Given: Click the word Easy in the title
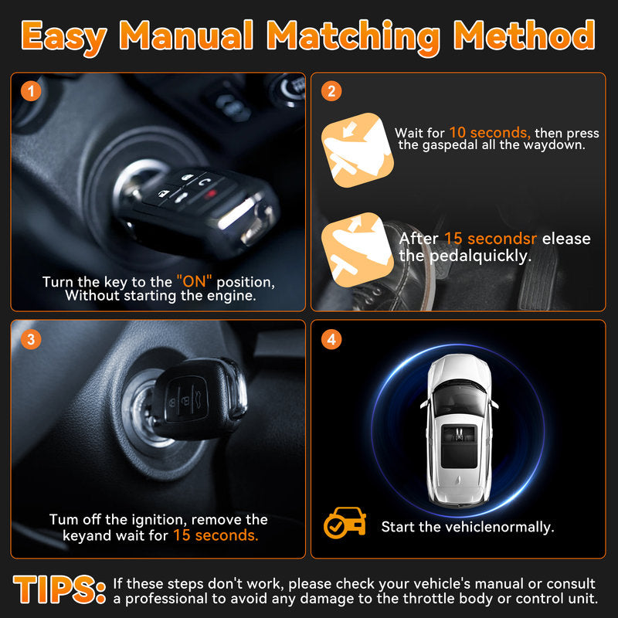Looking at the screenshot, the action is pyautogui.click(x=64, y=37).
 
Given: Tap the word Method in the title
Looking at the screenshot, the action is pyautogui.click(x=524, y=36).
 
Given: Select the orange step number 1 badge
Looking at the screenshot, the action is pyautogui.click(x=31, y=91).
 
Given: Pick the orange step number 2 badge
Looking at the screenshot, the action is pyautogui.click(x=331, y=91).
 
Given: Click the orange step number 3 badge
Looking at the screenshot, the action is pyautogui.click(x=31, y=339).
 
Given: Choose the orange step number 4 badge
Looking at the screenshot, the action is pyautogui.click(x=331, y=339).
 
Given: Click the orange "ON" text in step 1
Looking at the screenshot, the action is pyautogui.click(x=195, y=281).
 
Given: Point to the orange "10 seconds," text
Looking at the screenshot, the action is pyautogui.click(x=490, y=132).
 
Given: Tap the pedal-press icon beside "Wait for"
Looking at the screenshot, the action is pyautogui.click(x=358, y=150).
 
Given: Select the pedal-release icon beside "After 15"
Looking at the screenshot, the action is pyautogui.click(x=358, y=250).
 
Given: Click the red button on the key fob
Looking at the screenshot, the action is pyautogui.click(x=212, y=194).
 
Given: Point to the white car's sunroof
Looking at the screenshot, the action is pyautogui.click(x=459, y=447).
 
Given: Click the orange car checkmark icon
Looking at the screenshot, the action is pyautogui.click(x=345, y=523).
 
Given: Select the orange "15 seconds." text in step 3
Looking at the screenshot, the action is pyautogui.click(x=216, y=535).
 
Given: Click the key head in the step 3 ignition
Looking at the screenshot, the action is pyautogui.click(x=199, y=399).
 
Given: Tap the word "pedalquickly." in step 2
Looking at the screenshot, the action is pyautogui.click(x=480, y=256).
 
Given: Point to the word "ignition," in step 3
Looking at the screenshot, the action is pyautogui.click(x=159, y=520).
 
